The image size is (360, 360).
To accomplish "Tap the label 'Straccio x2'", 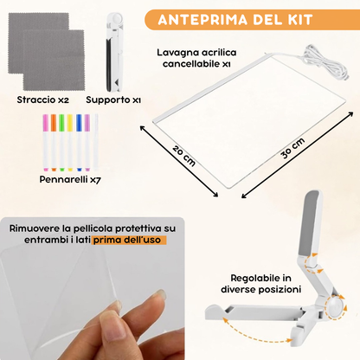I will [x=42, y=100].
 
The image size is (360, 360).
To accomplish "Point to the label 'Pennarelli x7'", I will [x=72, y=180].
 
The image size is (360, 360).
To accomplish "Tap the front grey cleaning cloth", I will [x=53, y=67].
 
